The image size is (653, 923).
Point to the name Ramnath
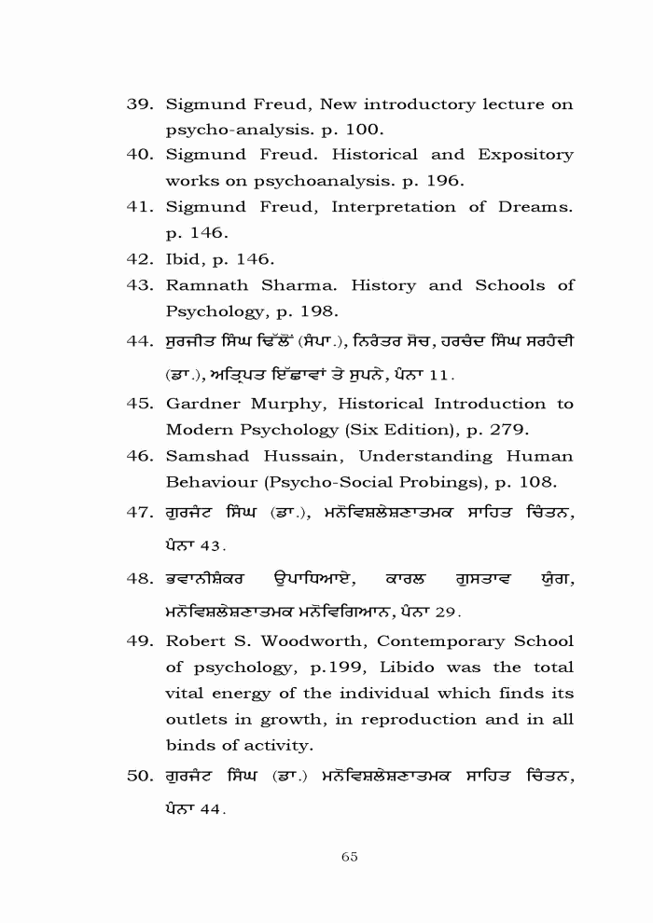[205, 284]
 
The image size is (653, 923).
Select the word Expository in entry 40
[525, 154]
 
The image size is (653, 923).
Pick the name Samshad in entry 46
[204, 456]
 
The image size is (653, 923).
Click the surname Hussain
[307, 456]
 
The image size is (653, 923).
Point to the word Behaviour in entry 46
[210, 482]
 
